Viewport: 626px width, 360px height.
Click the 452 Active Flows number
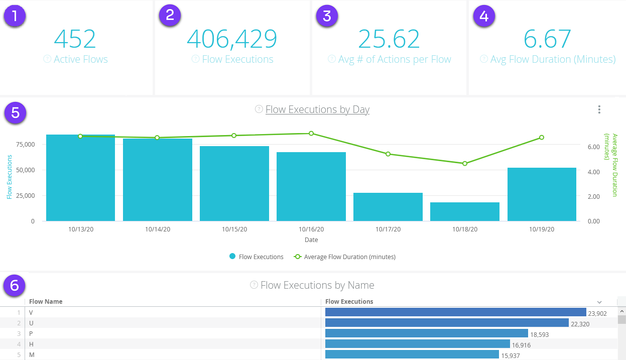click(75, 39)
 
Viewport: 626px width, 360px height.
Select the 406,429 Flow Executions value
click(232, 39)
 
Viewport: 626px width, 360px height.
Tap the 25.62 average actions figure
click(389, 39)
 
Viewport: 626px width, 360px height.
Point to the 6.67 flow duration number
click(547, 39)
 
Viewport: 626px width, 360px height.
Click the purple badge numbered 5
click(15, 112)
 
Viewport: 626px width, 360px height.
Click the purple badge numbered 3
click(327, 16)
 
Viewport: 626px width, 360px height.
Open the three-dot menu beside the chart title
click(599, 109)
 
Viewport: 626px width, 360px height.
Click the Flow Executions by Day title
click(317, 109)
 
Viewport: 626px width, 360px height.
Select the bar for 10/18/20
click(465, 211)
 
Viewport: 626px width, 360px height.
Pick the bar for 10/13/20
click(80, 178)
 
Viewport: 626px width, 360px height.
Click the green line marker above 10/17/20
click(388, 154)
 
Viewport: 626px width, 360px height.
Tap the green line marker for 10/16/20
click(311, 134)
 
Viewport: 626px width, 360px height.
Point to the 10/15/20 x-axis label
click(234, 229)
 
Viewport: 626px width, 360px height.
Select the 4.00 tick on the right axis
click(594, 172)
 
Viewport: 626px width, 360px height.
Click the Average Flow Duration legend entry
click(349, 257)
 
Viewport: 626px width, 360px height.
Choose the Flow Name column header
click(46, 302)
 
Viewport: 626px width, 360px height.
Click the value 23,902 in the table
click(597, 314)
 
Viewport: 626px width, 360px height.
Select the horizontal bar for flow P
click(426, 333)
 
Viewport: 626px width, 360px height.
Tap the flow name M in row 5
click(31, 355)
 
